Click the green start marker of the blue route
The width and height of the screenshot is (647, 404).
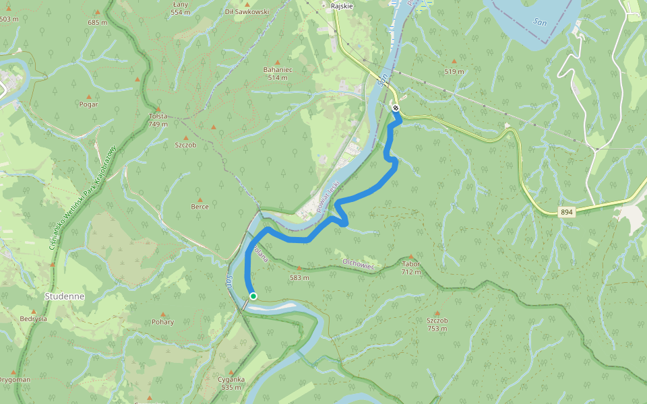(253, 296)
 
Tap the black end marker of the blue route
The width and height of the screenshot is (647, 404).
(396, 108)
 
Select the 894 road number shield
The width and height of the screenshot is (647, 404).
(567, 213)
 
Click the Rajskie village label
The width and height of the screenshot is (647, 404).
(342, 5)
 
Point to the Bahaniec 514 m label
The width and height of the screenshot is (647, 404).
(277, 73)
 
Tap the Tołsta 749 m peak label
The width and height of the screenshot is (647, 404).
(158, 120)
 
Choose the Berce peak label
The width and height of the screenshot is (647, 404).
(199, 206)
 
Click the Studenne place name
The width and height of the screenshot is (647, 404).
(64, 296)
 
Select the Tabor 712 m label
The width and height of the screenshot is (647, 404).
(410, 268)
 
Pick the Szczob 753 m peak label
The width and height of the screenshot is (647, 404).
(437, 325)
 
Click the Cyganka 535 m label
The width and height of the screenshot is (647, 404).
(230, 383)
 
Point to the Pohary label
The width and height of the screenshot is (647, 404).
(162, 321)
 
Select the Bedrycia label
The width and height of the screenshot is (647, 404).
(33, 318)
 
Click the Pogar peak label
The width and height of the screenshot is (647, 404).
(88, 104)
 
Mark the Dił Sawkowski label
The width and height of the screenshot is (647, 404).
(247, 11)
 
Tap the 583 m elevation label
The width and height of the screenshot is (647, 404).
(299, 277)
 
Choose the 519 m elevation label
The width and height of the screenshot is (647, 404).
(454, 71)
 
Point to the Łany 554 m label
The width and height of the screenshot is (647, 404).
(180, 8)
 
